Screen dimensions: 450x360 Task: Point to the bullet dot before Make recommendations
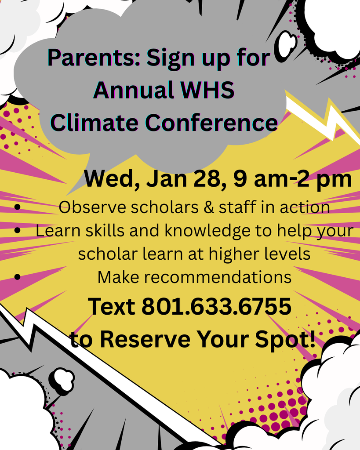tap(18, 277)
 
